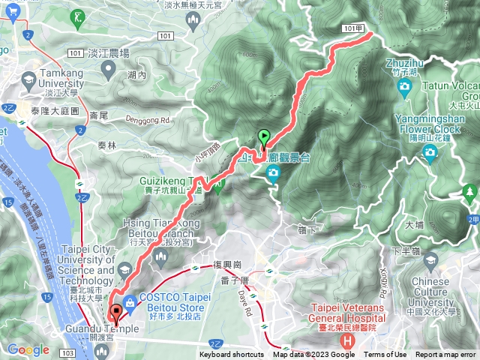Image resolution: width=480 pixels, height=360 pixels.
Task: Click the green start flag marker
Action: [264, 136]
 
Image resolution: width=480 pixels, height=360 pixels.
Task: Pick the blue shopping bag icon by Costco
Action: [130, 301]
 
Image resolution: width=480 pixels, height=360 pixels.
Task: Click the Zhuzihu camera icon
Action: [405, 87]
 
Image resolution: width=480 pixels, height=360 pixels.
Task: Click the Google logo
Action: [28, 349]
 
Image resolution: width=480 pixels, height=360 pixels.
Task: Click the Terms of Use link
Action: [386, 355]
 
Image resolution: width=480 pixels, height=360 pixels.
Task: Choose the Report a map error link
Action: [445, 355]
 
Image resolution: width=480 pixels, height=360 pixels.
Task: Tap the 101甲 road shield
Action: [356, 27]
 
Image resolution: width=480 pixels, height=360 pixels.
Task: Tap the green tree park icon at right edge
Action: [470, 192]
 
